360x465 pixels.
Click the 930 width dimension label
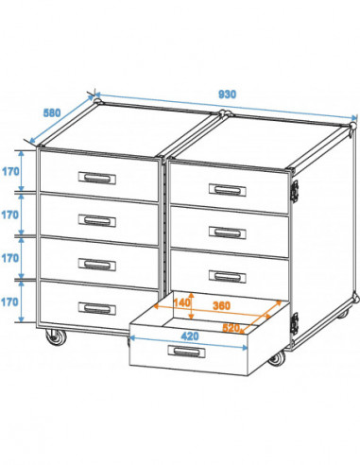click(x=227, y=95)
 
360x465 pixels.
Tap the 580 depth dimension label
click(x=54, y=112)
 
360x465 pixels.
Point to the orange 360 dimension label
click(x=222, y=306)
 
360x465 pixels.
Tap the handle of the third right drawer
click(x=227, y=275)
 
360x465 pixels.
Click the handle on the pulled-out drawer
click(x=185, y=352)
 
